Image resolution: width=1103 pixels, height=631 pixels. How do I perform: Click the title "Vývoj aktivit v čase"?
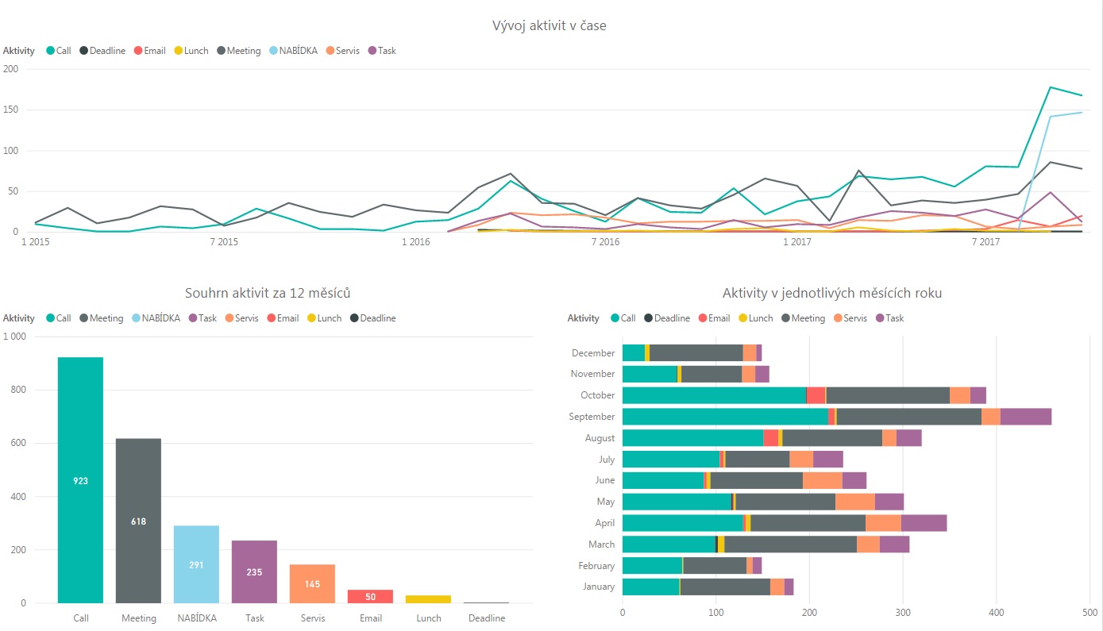point(550,26)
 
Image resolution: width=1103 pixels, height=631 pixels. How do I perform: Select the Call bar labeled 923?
point(80,480)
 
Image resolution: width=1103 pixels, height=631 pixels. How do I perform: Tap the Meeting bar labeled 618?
point(138,521)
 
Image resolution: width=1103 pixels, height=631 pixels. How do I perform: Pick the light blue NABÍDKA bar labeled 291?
point(196,564)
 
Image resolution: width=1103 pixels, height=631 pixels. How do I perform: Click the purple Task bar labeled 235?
point(254,571)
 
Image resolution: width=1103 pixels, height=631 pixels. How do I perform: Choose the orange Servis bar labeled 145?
point(312,583)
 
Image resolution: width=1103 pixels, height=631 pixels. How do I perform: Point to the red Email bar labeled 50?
point(370,596)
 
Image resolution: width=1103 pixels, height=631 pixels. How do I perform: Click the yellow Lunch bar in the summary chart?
point(428,598)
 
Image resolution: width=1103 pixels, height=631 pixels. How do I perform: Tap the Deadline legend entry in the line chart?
point(102,51)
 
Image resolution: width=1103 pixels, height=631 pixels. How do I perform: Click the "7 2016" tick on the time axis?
point(605,242)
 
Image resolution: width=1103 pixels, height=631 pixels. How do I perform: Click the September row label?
point(592,417)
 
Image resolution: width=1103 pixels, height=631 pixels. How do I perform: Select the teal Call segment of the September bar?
point(724,417)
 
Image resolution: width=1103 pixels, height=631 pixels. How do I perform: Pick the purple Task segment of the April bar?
point(924,523)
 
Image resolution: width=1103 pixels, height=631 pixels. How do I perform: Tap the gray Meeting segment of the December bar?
point(696,353)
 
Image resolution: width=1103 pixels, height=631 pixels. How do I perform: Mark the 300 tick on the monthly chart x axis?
point(903,613)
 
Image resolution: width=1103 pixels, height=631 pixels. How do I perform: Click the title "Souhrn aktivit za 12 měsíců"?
point(268,294)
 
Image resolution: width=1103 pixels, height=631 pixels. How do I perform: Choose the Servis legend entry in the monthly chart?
point(850,318)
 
